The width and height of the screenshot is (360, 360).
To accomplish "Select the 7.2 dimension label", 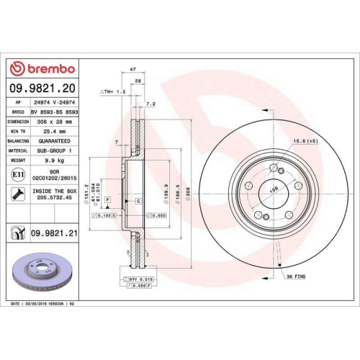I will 149,104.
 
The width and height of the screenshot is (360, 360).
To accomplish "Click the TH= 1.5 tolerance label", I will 115,93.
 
